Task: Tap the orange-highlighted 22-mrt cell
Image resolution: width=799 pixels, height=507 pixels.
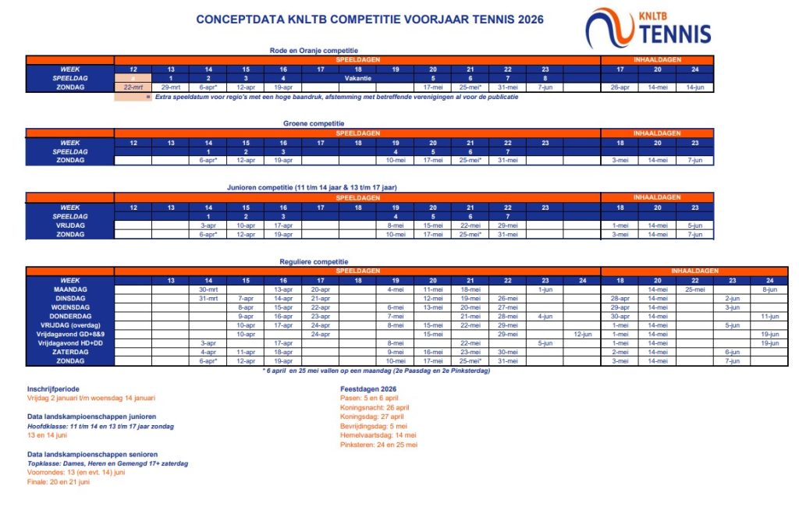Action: pyautogui.click(x=133, y=87)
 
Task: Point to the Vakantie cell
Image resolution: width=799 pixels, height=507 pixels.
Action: pyautogui.click(x=358, y=78)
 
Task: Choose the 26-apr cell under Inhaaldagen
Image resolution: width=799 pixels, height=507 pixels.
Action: pyautogui.click(x=620, y=87)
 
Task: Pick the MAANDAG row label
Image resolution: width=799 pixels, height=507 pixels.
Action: pyautogui.click(x=70, y=289)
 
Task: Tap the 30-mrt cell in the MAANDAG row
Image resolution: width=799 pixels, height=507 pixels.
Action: pyautogui.click(x=208, y=289)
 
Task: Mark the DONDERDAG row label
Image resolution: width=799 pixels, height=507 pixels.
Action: pyautogui.click(x=70, y=316)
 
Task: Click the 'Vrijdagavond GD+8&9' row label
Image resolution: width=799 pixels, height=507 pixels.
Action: pyautogui.click(x=70, y=334)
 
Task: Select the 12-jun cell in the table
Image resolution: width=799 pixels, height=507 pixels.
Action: pyautogui.click(x=582, y=334)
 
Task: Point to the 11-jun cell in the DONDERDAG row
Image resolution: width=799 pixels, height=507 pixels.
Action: pyautogui.click(x=769, y=316)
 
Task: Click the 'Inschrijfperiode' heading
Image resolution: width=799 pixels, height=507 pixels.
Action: pyautogui.click(x=52, y=388)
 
